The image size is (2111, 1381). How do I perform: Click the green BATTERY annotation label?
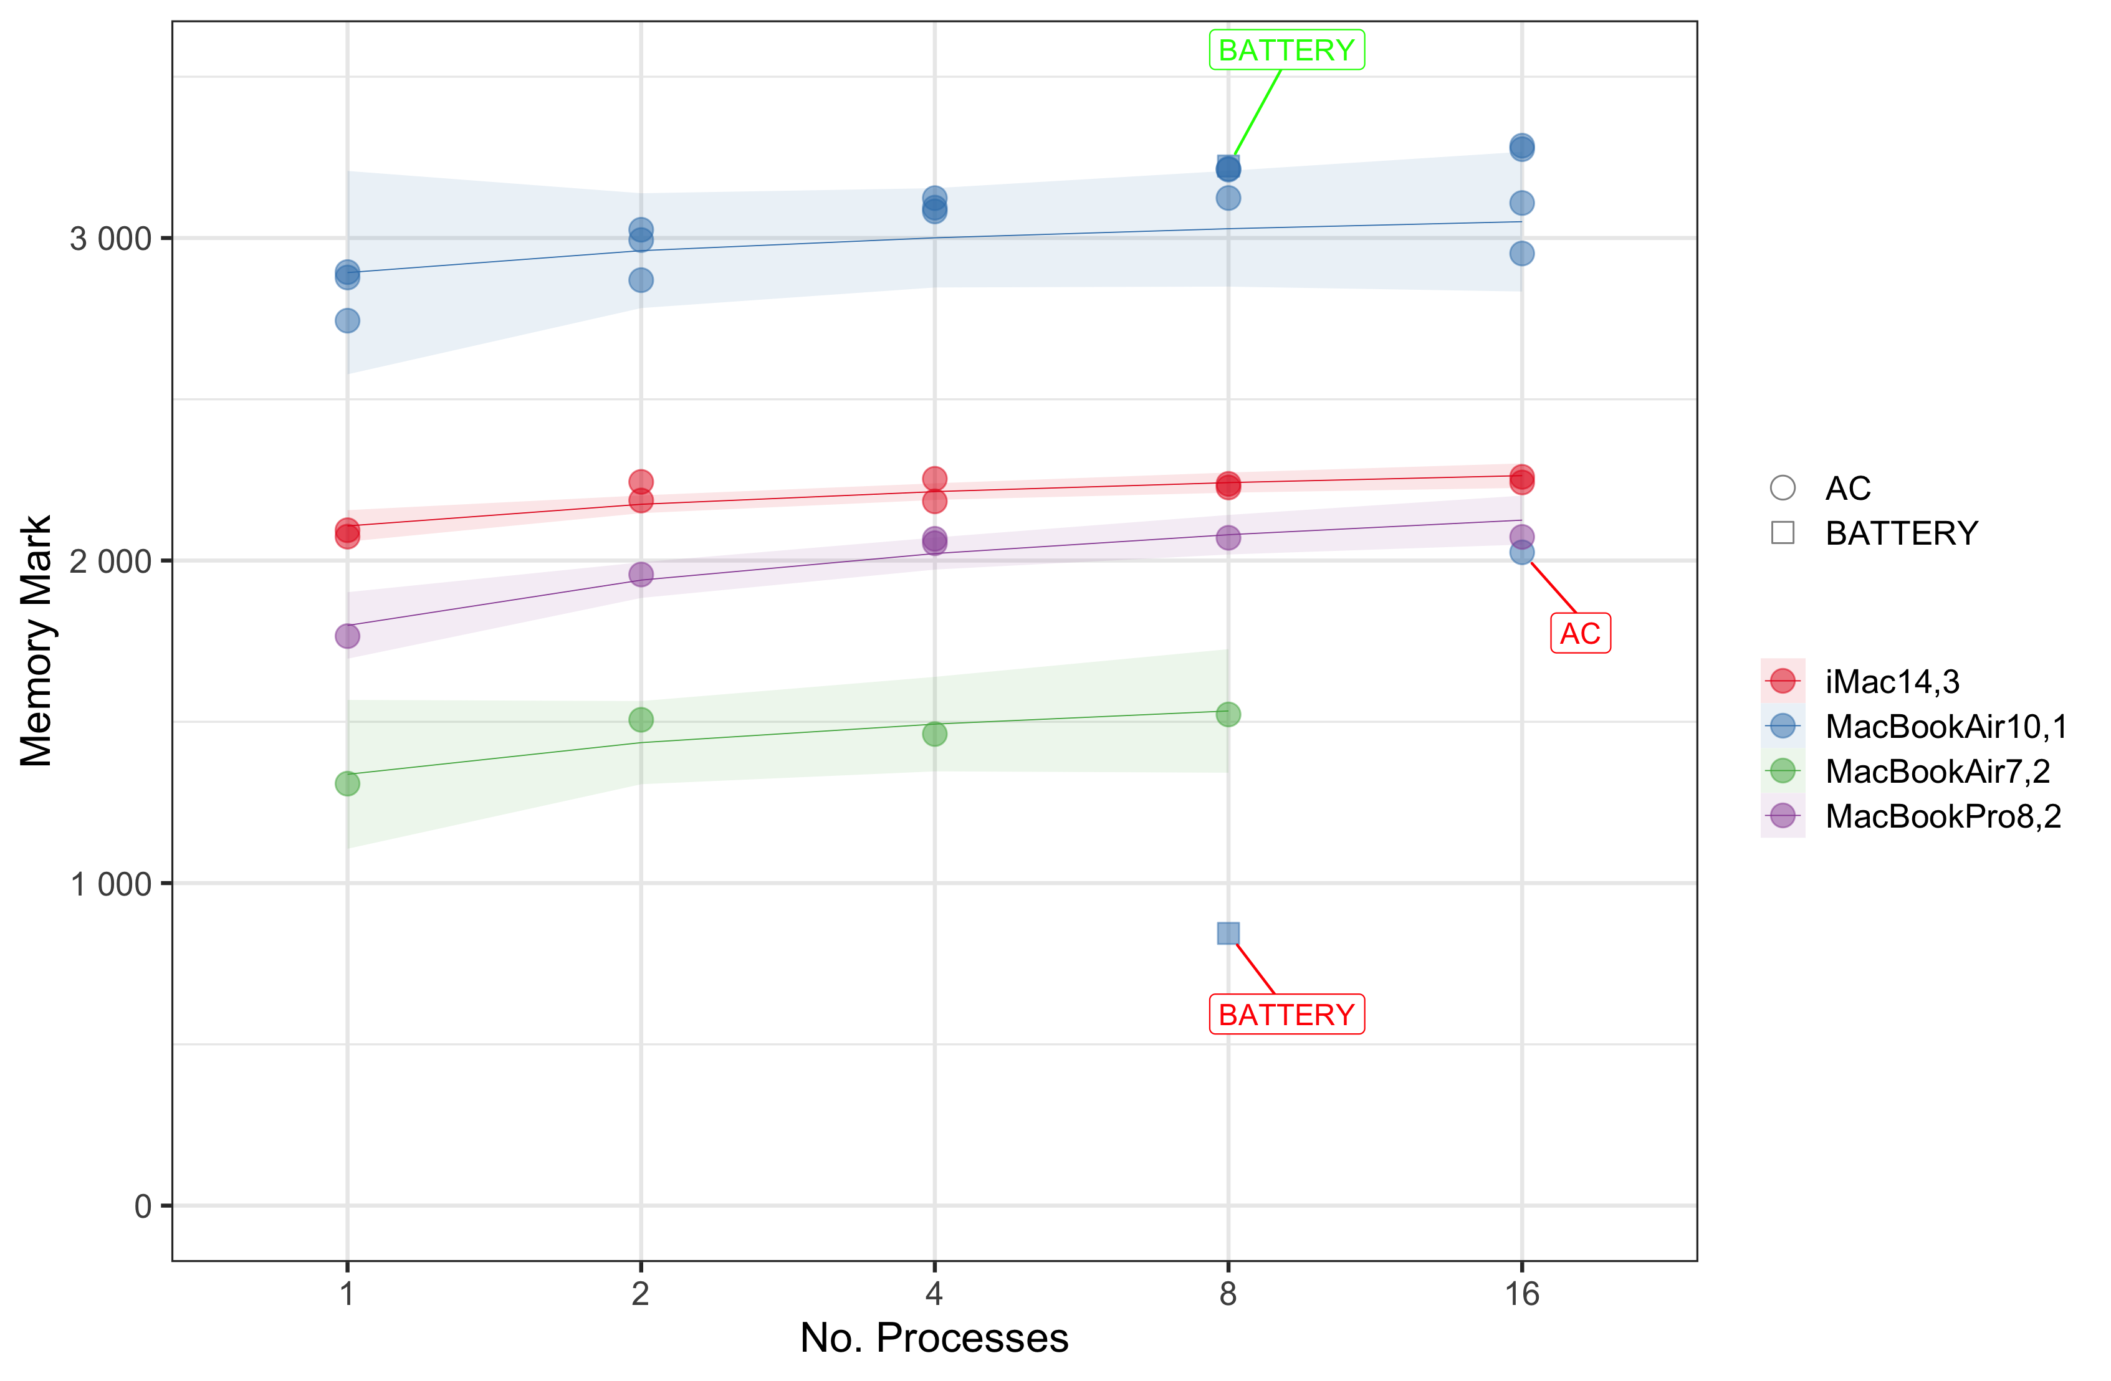coord(1286,50)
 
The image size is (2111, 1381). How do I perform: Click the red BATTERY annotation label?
coord(1286,1015)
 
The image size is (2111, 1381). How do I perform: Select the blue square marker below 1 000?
coord(1228,933)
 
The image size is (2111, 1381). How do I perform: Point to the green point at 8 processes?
coord(1228,714)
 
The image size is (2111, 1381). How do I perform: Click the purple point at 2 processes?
coord(640,575)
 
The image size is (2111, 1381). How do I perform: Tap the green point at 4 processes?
coord(934,734)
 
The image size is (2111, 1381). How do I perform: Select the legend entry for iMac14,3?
coord(1892,681)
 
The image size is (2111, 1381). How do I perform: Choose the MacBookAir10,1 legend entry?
coord(1946,727)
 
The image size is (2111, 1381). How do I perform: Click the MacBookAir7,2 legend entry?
coord(1937,772)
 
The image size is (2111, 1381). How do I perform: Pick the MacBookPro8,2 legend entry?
coord(1943,816)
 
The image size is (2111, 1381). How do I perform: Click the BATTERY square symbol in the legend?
coord(1783,533)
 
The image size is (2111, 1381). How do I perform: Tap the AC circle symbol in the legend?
coord(1783,488)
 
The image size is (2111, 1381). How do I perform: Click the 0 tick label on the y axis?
coord(143,1207)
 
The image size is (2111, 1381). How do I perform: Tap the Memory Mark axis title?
coord(37,641)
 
